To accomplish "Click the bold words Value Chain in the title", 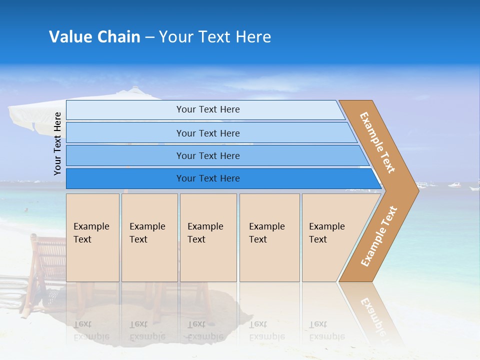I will click(94, 37).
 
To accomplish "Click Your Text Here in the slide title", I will click(215, 37).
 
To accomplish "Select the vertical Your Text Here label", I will click(57, 143).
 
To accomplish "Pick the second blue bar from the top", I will click(207, 133).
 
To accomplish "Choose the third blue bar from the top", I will click(207, 155).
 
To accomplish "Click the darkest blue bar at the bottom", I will click(207, 178).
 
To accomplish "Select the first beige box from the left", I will click(92, 237).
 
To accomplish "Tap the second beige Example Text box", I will click(149, 237).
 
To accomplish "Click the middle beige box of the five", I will click(208, 237).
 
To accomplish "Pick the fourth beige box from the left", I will click(269, 237).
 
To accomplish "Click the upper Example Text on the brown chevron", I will click(377, 142).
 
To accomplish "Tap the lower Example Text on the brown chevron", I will click(379, 236).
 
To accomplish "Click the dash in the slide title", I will click(149, 37).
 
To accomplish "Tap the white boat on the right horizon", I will click(454, 185).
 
